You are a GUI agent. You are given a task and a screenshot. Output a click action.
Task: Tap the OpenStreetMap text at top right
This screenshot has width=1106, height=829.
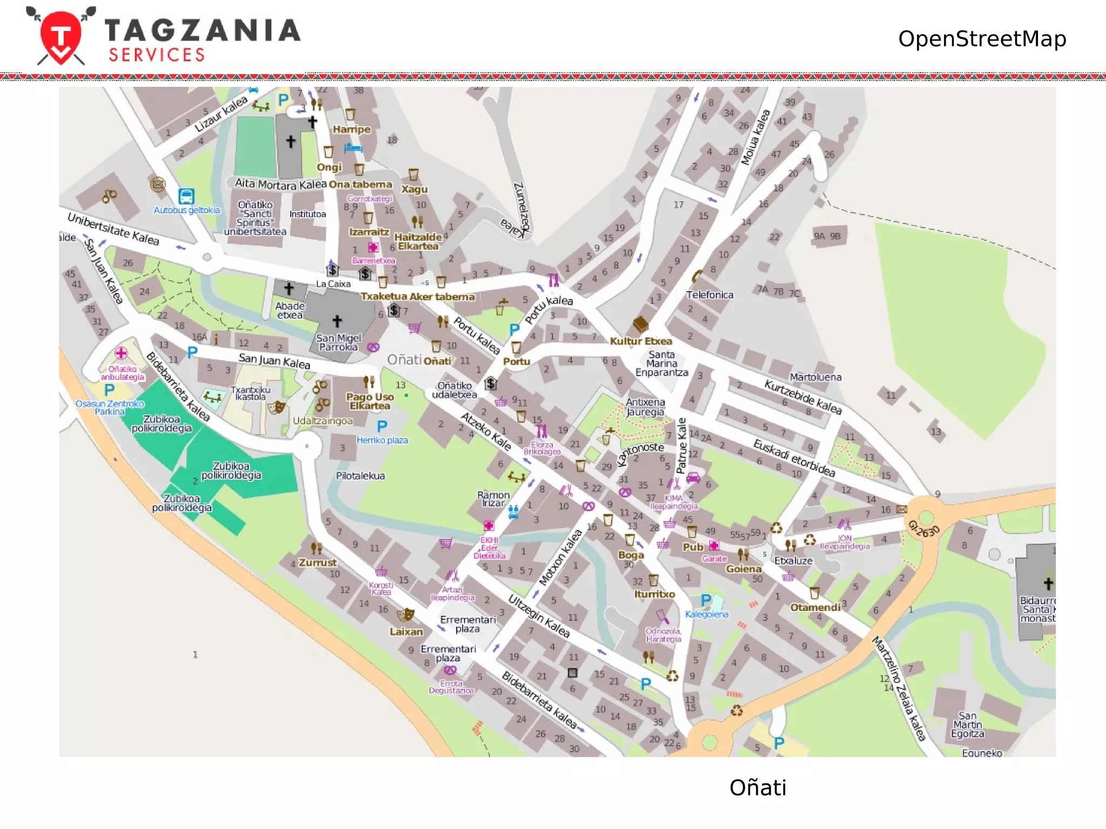pos(982,39)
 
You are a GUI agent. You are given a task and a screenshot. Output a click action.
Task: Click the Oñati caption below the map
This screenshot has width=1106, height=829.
pos(757,787)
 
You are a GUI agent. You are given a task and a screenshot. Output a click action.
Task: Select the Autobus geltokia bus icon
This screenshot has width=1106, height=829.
pos(186,196)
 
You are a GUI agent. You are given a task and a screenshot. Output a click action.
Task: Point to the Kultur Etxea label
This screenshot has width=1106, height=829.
pos(641,341)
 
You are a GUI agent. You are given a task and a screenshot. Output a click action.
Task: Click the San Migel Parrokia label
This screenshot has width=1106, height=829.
pos(338,342)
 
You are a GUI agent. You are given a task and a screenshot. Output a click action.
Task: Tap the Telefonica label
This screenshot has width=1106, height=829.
pos(710,295)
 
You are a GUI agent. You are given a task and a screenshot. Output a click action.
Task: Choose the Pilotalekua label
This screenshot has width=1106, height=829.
pos(360,475)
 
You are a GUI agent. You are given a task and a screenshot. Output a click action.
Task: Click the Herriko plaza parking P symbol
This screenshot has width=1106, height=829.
pos(382,427)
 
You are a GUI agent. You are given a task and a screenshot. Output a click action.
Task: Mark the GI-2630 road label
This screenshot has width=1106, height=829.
pos(924,529)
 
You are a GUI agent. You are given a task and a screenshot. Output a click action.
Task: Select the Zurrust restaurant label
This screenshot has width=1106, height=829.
pos(318,562)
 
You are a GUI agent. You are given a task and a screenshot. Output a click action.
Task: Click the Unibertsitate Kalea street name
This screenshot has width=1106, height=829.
pos(113,228)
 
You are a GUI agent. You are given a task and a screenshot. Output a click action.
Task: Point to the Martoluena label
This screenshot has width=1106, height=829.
pos(815,377)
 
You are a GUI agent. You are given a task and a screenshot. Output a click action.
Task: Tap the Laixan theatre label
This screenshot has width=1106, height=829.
pos(406,631)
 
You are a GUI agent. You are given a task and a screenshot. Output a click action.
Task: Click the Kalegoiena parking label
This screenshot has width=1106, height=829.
pos(706,614)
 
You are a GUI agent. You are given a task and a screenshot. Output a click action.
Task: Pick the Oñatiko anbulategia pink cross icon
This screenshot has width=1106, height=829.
pos(121,354)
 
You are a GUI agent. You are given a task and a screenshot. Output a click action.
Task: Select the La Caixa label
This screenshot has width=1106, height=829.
pos(333,284)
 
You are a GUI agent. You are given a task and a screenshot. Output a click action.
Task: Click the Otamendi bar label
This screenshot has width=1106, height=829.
pos(815,607)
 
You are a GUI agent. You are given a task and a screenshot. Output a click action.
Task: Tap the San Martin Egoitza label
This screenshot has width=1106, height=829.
pos(967,725)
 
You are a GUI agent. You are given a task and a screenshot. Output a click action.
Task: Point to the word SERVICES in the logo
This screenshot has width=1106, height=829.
pos(157,55)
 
